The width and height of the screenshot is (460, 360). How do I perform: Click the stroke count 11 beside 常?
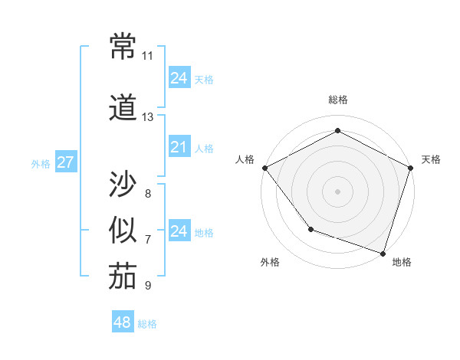(x=148, y=56)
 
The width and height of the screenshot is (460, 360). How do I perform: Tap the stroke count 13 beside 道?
(x=148, y=117)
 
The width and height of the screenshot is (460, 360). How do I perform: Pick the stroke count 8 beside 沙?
(x=148, y=193)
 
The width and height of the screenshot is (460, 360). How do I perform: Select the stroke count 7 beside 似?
(x=148, y=240)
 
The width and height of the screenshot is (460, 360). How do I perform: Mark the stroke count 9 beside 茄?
(x=148, y=286)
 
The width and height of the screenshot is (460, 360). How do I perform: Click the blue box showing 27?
(x=65, y=162)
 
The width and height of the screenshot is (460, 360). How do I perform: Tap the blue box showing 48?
(x=123, y=322)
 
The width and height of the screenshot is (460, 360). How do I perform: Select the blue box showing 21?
(x=179, y=147)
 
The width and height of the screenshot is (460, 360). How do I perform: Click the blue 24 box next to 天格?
(x=179, y=78)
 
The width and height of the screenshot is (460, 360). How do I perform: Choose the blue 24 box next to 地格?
(x=179, y=231)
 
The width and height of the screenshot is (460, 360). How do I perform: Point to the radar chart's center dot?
(x=337, y=191)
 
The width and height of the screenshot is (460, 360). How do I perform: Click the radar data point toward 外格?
(x=310, y=228)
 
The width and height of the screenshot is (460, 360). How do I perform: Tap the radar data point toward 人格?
(x=264, y=168)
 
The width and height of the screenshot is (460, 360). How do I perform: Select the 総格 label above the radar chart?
(x=337, y=100)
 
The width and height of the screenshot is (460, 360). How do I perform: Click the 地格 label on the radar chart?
(x=402, y=262)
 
